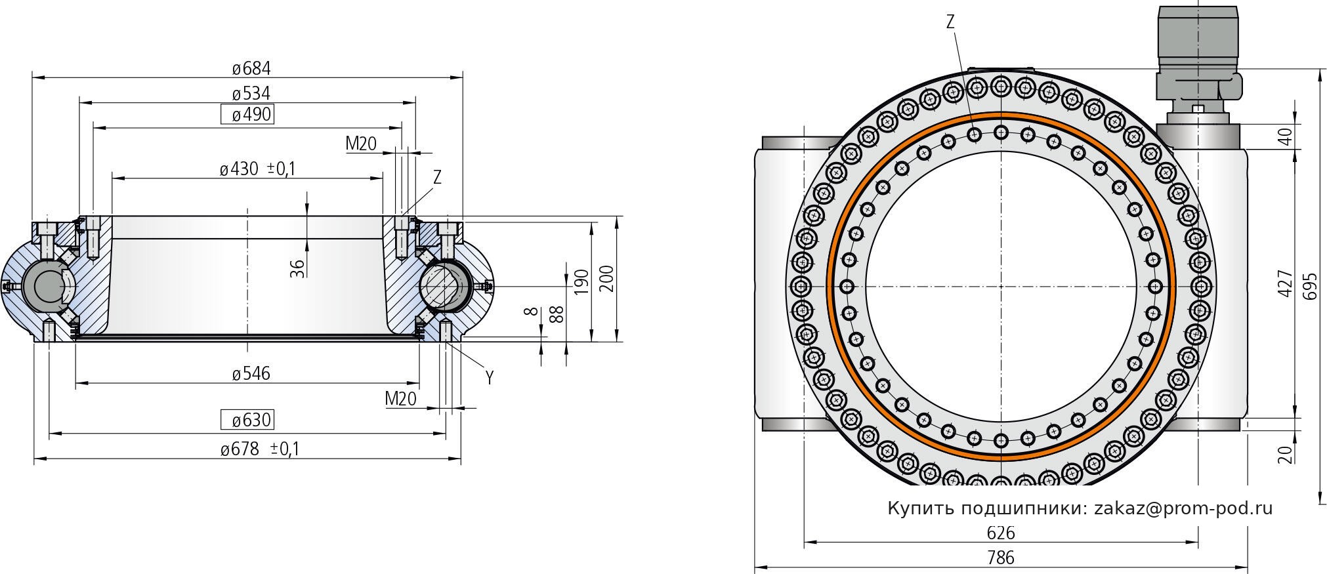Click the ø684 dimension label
251,68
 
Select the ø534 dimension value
251,93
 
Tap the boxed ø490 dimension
247,115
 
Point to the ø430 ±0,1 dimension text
258,169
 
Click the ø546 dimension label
251,374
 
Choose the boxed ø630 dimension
247,419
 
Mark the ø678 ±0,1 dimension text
260,449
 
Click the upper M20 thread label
360,143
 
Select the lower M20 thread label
400,398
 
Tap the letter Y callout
489,377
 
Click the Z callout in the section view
437,177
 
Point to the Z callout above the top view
950,22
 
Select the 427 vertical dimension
1285,283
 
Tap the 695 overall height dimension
1310,286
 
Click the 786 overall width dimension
1001,558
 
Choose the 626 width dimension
1001,533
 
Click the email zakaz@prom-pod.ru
1183,508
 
